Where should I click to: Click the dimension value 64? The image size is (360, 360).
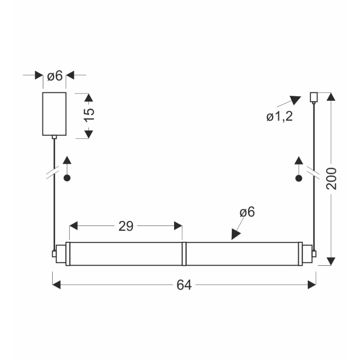point(184,285)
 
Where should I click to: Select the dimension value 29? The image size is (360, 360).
point(126,226)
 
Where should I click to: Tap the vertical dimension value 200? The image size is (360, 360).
point(331,179)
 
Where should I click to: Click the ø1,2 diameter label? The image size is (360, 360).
point(280,117)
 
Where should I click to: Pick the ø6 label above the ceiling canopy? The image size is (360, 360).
point(55,76)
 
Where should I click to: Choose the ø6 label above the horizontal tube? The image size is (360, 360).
point(247,212)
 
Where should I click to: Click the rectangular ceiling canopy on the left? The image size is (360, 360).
point(54,114)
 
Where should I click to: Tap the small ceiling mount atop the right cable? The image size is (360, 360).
point(314,97)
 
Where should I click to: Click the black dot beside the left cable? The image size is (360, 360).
point(67,178)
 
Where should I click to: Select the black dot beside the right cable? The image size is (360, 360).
point(298,178)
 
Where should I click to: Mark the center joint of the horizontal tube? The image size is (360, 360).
point(184,253)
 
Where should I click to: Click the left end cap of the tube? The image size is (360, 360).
point(61,253)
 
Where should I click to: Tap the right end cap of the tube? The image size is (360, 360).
point(306,253)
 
